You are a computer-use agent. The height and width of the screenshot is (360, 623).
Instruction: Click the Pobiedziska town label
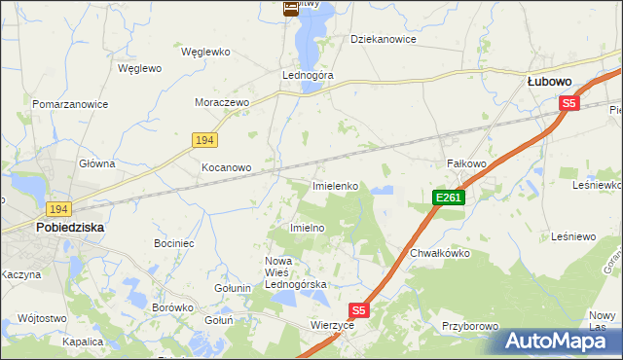[70, 227]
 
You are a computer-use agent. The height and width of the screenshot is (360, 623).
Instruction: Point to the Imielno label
[308, 227]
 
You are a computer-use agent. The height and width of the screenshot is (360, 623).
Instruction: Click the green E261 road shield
[449, 198]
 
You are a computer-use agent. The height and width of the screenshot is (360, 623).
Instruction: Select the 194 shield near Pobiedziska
[58, 209]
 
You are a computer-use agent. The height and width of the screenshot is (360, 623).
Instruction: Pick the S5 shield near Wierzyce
[359, 310]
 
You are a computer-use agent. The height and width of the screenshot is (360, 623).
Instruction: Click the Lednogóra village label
[308, 75]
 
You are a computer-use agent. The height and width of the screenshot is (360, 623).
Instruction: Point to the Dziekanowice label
[384, 40]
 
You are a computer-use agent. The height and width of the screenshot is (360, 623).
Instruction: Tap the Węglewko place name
[204, 50]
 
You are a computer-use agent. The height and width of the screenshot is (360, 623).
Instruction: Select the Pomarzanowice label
[69, 103]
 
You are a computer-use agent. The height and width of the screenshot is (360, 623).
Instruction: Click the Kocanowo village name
[226, 167]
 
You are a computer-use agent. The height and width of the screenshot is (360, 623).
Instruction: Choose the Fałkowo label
[465, 163]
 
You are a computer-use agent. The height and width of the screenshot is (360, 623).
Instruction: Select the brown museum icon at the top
[290, 9]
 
